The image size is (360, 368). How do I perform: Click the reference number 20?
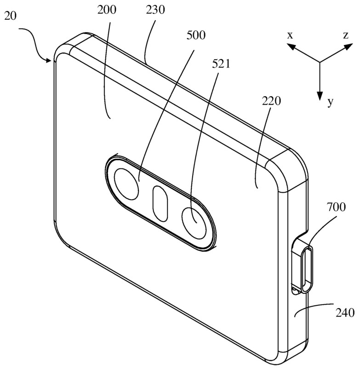point(11,17)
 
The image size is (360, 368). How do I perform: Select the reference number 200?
point(107,10)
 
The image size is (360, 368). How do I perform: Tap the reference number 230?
point(155,10)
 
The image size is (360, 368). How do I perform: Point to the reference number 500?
point(196,35)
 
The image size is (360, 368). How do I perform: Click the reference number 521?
point(221,64)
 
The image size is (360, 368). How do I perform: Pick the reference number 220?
point(271,101)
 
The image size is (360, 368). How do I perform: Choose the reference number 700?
point(336,207)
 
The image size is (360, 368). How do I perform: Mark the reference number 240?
point(345,313)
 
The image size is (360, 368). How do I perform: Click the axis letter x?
point(291,35)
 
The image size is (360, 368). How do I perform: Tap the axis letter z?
point(346,35)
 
